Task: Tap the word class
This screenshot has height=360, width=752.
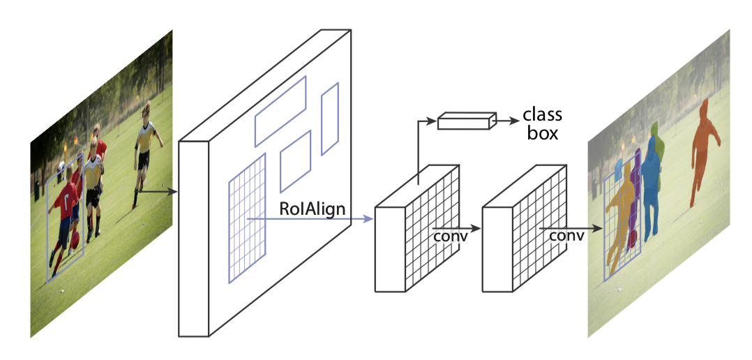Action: tap(542, 115)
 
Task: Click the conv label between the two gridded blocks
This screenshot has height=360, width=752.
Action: tap(450, 235)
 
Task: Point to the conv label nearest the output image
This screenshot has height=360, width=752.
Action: tap(566, 236)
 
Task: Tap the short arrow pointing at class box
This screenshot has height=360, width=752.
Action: tap(505, 120)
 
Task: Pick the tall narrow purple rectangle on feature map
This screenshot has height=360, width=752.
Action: tap(329, 119)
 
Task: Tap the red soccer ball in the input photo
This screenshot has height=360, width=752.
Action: tap(74, 241)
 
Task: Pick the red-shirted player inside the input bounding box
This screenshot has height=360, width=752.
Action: tap(66, 209)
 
